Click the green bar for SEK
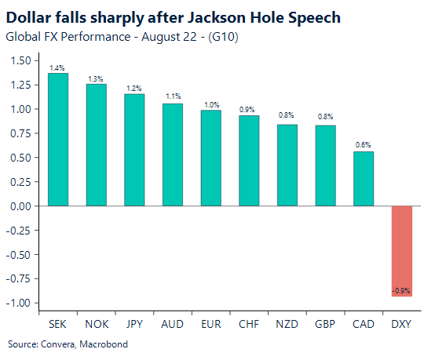(57, 140)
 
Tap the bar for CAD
(364, 179)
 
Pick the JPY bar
(134, 150)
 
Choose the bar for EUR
(210, 158)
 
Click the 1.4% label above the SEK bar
(57, 68)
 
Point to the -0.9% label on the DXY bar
(402, 291)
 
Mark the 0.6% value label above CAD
(364, 146)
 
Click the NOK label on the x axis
(96, 323)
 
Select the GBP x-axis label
(325, 323)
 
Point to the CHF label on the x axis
(249, 323)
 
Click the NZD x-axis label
(287, 323)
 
